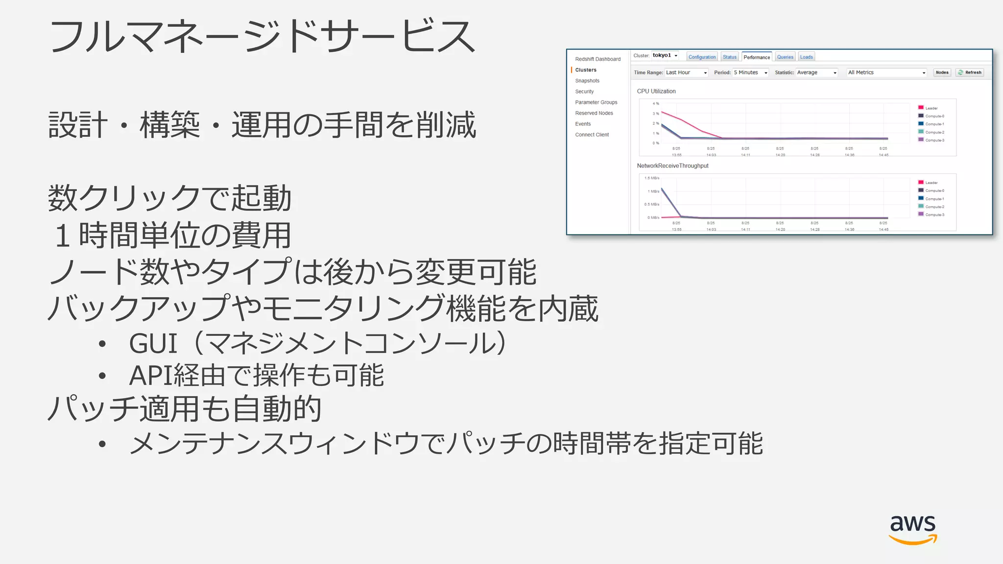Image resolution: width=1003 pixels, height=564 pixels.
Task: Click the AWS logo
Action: [x=912, y=529]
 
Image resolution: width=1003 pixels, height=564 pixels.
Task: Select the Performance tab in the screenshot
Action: [x=757, y=57]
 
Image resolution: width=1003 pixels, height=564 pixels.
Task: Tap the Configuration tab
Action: [x=702, y=57]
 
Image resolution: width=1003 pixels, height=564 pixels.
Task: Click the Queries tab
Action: [x=785, y=57]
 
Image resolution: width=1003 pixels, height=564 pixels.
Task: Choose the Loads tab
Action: [x=806, y=57]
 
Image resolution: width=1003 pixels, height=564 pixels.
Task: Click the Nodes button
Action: [x=942, y=72]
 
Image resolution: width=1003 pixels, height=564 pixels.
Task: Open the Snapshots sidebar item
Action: [x=587, y=81]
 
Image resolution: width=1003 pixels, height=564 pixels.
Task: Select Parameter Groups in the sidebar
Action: [x=596, y=102]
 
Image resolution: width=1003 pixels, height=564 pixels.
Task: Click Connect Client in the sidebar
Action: [x=592, y=135]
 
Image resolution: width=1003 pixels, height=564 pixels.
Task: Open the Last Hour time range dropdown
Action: [x=686, y=72]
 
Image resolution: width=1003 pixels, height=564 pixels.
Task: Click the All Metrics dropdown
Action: [x=886, y=72]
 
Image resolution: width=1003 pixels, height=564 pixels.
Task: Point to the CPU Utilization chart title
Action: [x=656, y=92]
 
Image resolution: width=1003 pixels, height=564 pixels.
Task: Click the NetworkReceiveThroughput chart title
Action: [x=672, y=166]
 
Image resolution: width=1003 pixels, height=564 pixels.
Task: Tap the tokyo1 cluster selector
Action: [x=665, y=55]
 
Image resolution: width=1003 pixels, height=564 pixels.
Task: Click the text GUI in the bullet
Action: [x=152, y=343]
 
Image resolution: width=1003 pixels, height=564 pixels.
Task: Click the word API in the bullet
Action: [x=150, y=376]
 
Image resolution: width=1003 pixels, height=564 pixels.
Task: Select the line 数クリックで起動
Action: [x=169, y=198]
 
